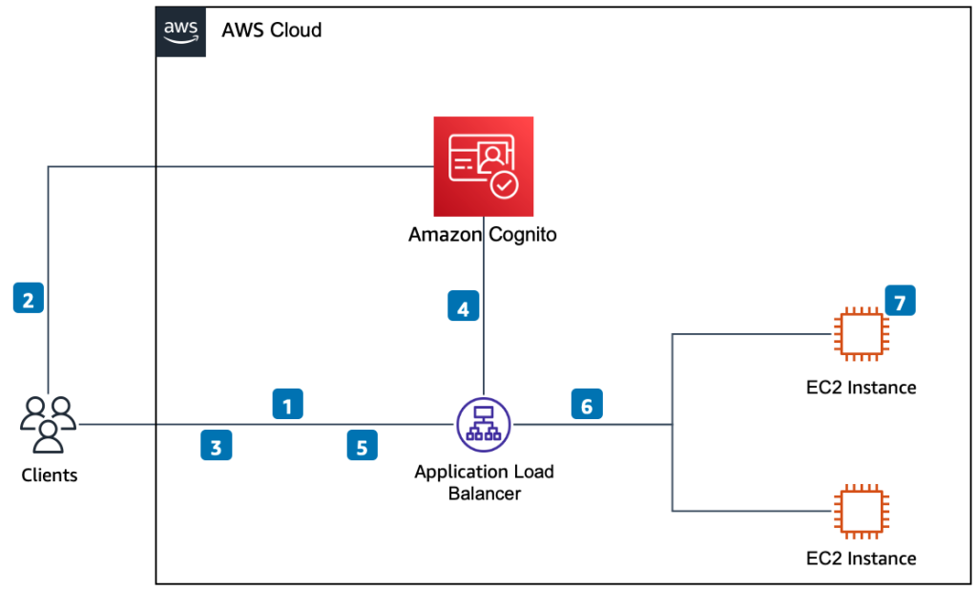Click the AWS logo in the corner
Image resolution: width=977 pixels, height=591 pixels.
coord(180,31)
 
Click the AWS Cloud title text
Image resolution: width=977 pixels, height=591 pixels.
coord(272,31)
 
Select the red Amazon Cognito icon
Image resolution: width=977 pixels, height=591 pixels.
coord(484,166)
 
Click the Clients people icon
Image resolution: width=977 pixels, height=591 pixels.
coord(48,425)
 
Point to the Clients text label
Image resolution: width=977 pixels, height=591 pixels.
coord(49,475)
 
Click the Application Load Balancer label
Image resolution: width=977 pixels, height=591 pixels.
coord(484,483)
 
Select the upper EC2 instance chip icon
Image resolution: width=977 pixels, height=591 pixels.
coord(860,334)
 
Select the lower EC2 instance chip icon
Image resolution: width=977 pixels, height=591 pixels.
coord(860,511)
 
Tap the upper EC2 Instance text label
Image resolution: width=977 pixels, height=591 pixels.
coord(860,388)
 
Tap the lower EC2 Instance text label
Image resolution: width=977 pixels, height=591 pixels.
coord(860,558)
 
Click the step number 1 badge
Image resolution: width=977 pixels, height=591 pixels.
coord(287,404)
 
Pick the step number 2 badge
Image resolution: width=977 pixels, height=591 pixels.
coord(28,300)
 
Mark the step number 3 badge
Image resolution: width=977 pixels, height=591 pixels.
coord(217,446)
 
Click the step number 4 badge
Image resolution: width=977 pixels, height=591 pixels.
coord(463,307)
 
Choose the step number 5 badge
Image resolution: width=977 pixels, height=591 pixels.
coord(362,446)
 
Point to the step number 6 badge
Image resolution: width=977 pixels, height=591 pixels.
coord(587,404)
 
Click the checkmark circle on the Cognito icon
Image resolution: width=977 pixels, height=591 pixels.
coord(504,184)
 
